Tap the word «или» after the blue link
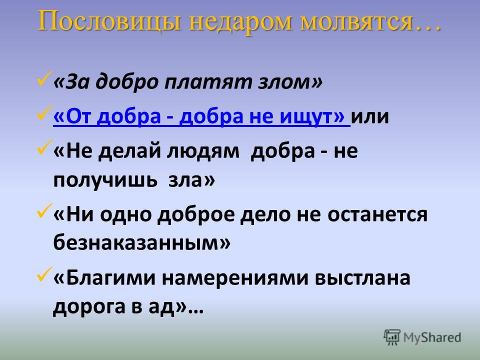tap(370, 117)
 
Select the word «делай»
tap(129, 151)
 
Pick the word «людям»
tap(202, 151)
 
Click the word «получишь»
tap(105, 180)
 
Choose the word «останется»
tap(377, 214)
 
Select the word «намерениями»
tap(235, 278)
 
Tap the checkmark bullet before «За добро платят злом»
tap(44, 78)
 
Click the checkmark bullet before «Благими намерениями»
tap(44, 273)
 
